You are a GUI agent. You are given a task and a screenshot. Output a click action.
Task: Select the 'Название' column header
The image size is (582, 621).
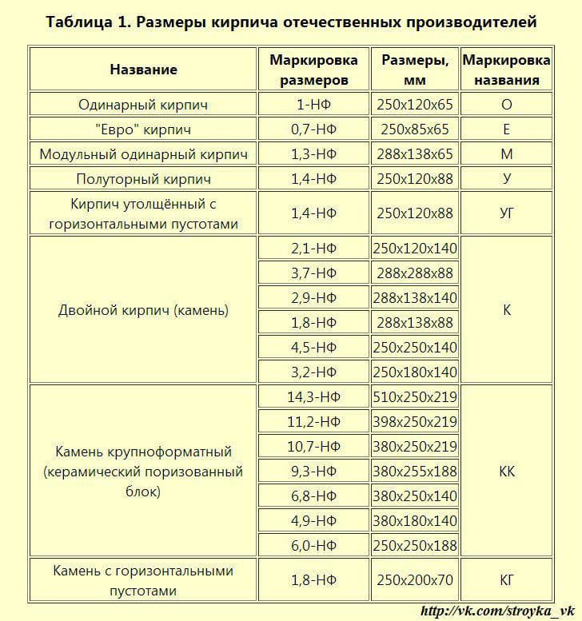coord(143,70)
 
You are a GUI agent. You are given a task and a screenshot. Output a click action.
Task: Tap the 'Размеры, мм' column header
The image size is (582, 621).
coord(415,70)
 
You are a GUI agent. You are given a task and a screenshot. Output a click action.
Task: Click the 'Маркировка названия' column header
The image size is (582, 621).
coord(506,70)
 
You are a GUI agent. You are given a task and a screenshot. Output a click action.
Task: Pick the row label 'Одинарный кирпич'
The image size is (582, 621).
coord(143,105)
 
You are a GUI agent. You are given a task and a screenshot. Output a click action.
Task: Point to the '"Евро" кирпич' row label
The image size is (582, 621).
coord(143,129)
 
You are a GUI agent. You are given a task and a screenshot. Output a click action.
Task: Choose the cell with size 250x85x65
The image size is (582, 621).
coord(415,129)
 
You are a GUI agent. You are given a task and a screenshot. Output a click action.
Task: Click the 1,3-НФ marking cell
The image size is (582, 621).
coord(313,154)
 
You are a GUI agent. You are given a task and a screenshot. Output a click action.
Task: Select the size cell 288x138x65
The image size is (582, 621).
coord(415,154)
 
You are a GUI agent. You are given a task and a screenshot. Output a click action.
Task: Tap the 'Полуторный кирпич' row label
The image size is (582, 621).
coord(143,179)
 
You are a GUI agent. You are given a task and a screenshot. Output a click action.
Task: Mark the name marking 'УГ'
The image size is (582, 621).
coord(506,213)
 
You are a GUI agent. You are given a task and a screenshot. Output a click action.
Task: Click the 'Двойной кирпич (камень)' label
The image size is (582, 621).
coord(143,310)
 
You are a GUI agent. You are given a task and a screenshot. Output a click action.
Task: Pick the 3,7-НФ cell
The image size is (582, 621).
coord(313,273)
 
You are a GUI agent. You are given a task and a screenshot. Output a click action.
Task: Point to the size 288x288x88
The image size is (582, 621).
coord(415,273)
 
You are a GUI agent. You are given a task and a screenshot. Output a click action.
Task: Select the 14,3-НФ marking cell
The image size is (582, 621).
coord(313,397)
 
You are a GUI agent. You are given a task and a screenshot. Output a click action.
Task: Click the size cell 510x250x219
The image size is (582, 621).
coord(415,397)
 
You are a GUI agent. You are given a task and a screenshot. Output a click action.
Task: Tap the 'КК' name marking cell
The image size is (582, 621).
coord(506,472)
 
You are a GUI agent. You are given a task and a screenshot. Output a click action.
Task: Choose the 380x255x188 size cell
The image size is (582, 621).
coord(415,472)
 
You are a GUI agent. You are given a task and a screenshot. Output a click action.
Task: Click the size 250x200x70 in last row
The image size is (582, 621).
coord(415,581)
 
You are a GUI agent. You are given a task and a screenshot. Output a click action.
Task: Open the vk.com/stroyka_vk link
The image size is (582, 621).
coord(496,611)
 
